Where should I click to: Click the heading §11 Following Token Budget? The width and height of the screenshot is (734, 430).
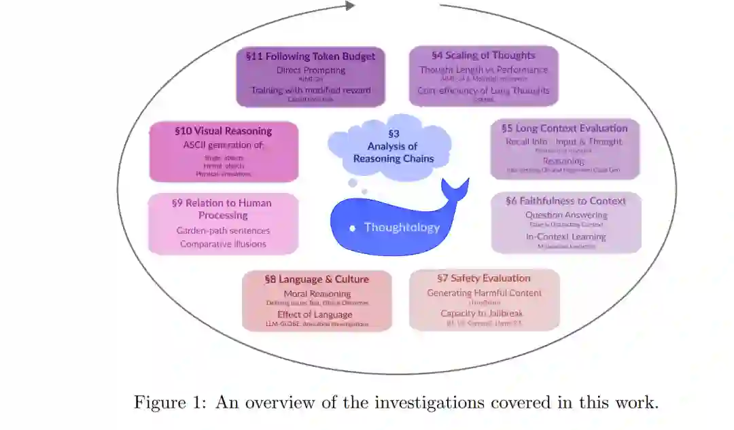(x=310, y=56)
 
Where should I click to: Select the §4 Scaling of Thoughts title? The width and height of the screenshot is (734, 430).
(x=483, y=55)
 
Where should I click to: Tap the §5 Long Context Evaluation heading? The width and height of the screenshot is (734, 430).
(x=564, y=128)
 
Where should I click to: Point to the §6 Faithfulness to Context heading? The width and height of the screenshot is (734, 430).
(x=565, y=200)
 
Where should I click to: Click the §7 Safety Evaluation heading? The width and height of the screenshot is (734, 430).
(x=484, y=278)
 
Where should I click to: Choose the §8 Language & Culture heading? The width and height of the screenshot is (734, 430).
(x=317, y=279)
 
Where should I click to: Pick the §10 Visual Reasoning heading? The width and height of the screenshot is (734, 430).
(x=223, y=131)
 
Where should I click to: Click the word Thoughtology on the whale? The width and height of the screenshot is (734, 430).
(x=402, y=227)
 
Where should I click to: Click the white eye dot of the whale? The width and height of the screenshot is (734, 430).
(x=352, y=228)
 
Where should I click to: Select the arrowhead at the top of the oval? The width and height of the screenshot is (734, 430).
(x=350, y=5)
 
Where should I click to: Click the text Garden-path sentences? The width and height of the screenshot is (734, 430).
(x=223, y=230)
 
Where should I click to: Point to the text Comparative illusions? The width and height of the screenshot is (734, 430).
(x=223, y=244)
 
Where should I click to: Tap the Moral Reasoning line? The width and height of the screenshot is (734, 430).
(x=317, y=293)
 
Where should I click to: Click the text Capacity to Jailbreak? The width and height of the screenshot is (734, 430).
(x=481, y=313)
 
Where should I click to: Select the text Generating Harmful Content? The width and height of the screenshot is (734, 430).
(x=484, y=293)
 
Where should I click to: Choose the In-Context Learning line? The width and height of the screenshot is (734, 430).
(x=565, y=236)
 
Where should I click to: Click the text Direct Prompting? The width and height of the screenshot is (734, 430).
(x=311, y=70)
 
